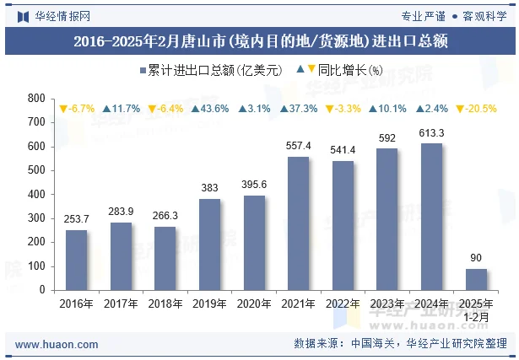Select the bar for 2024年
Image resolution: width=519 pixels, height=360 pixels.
click(x=431, y=217)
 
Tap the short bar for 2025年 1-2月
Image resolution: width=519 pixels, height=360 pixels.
click(x=476, y=279)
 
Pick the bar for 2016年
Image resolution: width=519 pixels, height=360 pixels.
click(x=77, y=260)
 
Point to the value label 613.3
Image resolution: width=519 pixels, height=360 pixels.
click(x=431, y=133)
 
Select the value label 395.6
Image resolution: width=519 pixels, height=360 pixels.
click(x=254, y=185)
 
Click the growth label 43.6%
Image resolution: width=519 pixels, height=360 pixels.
click(x=210, y=109)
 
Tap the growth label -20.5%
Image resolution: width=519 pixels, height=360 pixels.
click(x=476, y=109)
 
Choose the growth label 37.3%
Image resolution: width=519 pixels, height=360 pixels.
click(x=299, y=109)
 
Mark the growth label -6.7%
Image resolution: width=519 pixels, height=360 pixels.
click(x=77, y=109)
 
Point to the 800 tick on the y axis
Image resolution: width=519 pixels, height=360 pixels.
click(x=36, y=99)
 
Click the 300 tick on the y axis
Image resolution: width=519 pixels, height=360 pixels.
click(x=36, y=218)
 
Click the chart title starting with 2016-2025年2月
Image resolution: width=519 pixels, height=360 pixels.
click(x=260, y=40)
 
